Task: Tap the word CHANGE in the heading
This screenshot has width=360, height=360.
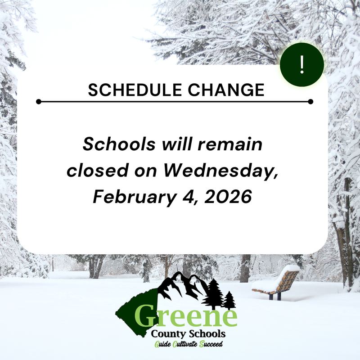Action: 225,90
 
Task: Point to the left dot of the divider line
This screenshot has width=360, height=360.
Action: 39,102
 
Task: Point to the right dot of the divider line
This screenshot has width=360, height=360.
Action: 310,102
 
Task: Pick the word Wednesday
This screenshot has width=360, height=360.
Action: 220,171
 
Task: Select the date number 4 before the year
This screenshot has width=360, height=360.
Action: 188,197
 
